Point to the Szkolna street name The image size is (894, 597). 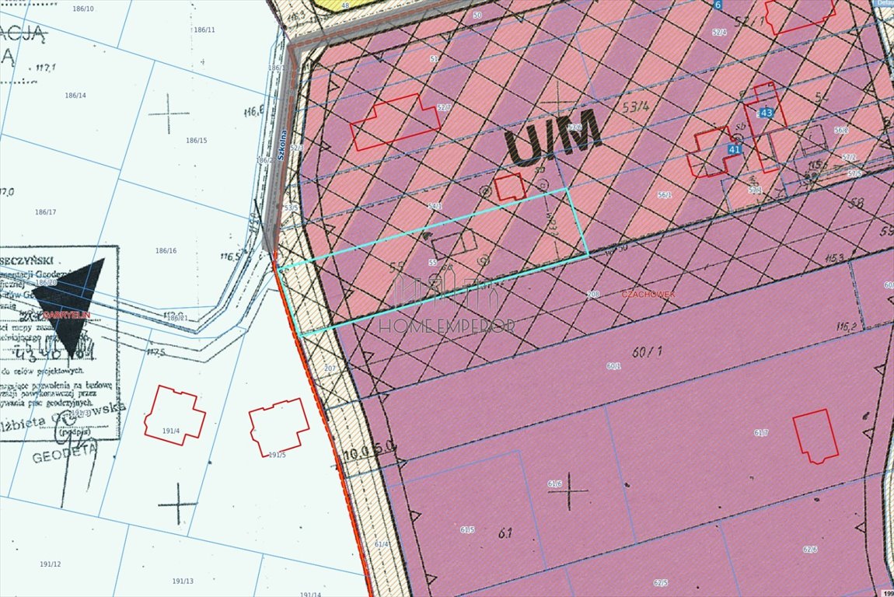(x=283, y=144)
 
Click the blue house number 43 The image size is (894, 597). (x=767, y=113)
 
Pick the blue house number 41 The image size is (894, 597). (x=735, y=148)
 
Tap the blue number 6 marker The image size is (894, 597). (x=718, y=4)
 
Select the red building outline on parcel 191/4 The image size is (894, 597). (x=174, y=415)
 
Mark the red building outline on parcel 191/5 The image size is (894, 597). (x=278, y=427)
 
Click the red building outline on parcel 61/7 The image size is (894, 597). (x=815, y=436)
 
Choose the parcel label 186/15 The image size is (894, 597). (x=197, y=141)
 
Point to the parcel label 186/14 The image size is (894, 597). (x=75, y=95)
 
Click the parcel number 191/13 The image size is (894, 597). (x=183, y=581)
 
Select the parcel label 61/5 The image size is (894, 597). (x=467, y=529)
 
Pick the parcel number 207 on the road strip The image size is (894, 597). (x=329, y=368)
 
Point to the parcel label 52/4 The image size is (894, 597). (x=719, y=32)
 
